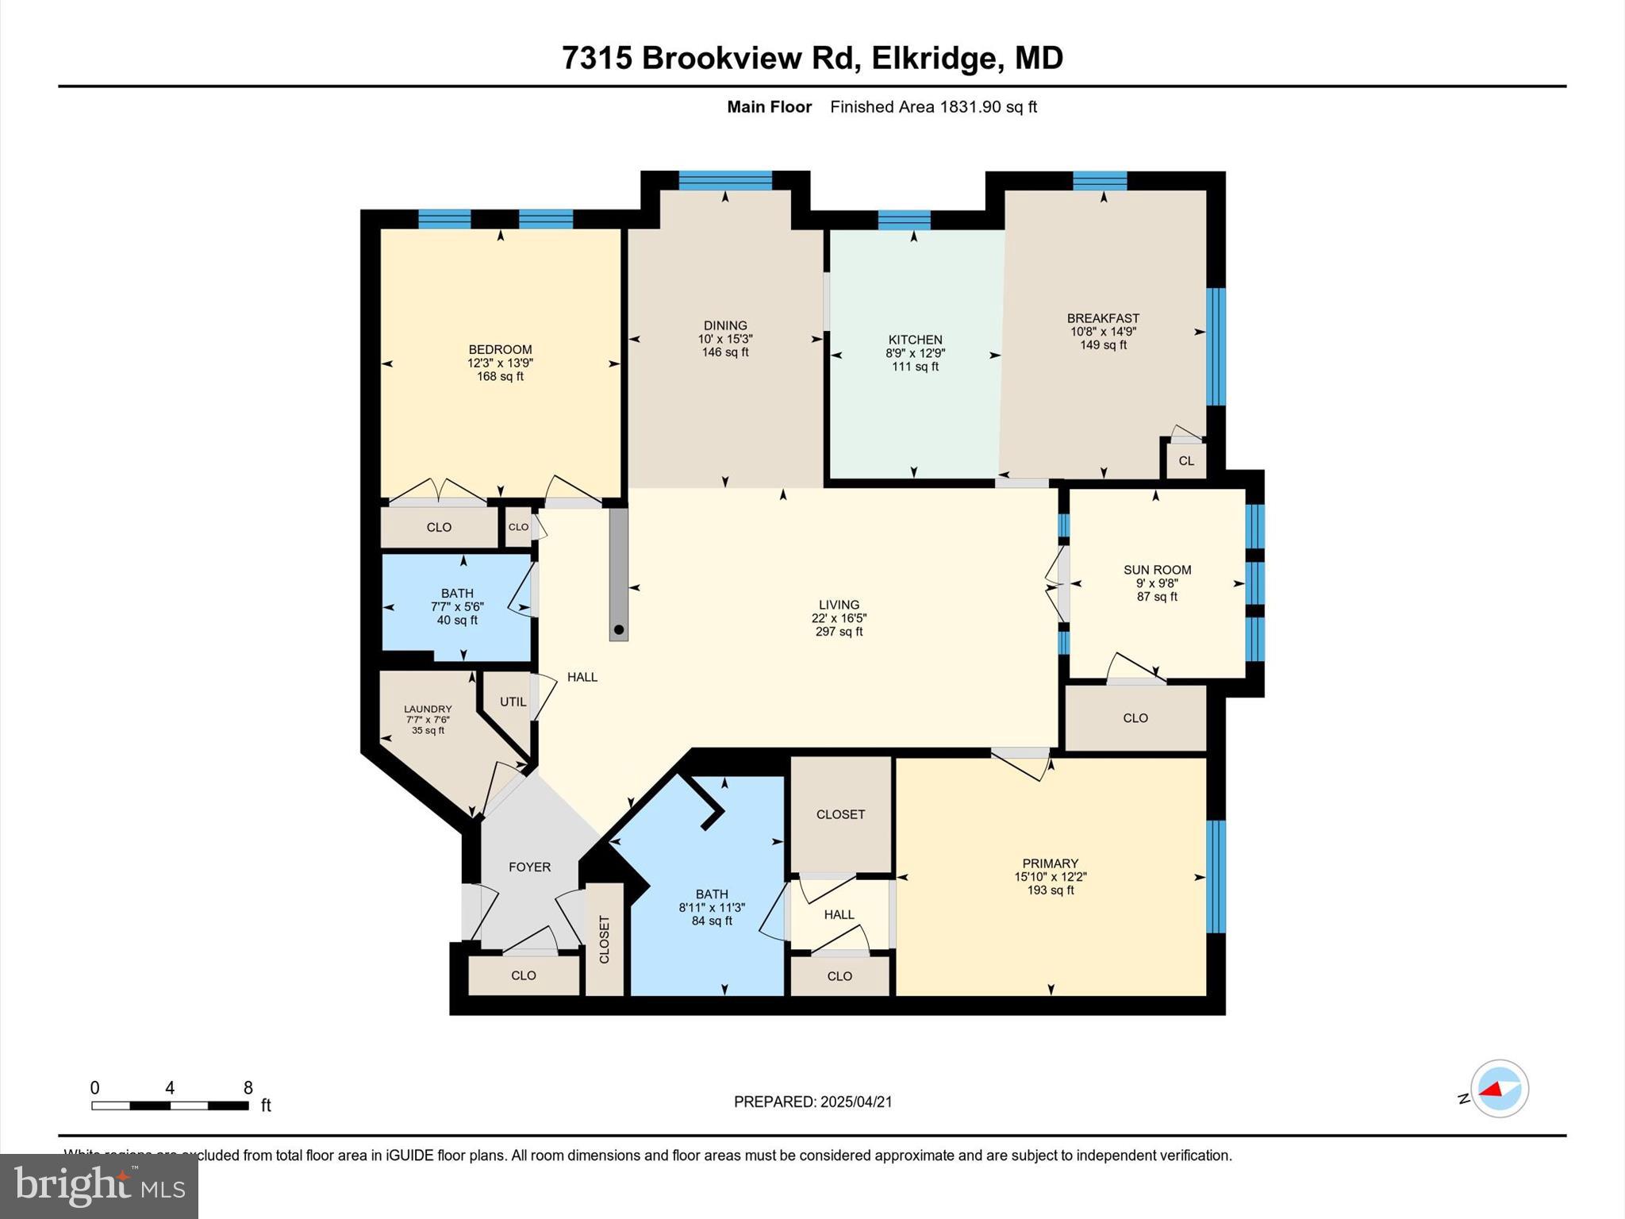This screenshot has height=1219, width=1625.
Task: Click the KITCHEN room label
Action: pyautogui.click(x=915, y=340)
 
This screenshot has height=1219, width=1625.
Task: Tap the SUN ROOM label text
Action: pyautogui.click(x=1157, y=570)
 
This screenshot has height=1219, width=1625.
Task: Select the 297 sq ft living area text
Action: pyautogui.click(x=839, y=632)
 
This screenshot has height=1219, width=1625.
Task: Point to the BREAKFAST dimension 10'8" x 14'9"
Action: pyautogui.click(x=1104, y=332)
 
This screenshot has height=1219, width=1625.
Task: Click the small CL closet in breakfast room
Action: pyautogui.click(x=1186, y=461)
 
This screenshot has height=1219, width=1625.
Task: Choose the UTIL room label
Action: pyautogui.click(x=513, y=702)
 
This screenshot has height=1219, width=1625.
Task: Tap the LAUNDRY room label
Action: pyautogui.click(x=428, y=709)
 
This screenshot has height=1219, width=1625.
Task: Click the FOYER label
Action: pyautogui.click(x=529, y=867)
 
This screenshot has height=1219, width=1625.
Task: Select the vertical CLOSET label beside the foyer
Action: pyautogui.click(x=605, y=940)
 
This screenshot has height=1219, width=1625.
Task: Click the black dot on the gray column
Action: pyautogui.click(x=620, y=630)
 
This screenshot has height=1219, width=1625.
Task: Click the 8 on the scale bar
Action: pyautogui.click(x=248, y=1088)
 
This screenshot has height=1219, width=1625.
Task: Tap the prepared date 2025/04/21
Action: pyautogui.click(x=856, y=1102)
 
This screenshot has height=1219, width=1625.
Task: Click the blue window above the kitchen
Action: pyautogui.click(x=904, y=220)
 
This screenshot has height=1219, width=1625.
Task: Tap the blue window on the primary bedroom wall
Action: pyautogui.click(x=1216, y=876)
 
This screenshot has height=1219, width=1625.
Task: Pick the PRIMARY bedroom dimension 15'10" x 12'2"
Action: pyautogui.click(x=1050, y=877)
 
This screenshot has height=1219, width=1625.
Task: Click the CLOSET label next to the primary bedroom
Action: pyautogui.click(x=840, y=814)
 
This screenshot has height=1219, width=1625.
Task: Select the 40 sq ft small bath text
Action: pyautogui.click(x=457, y=621)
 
